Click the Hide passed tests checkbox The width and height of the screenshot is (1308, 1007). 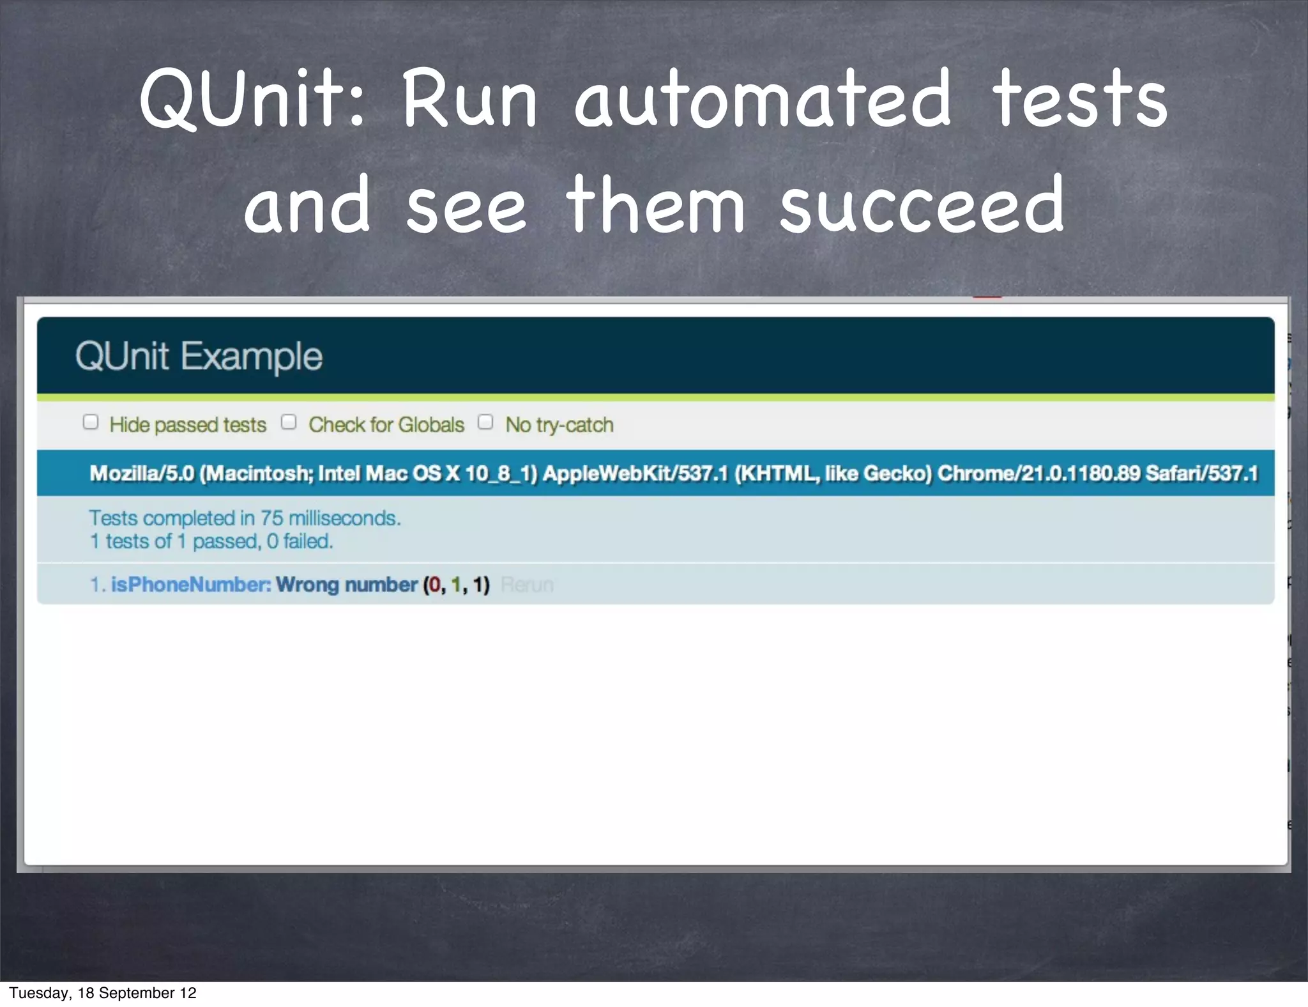pyautogui.click(x=91, y=422)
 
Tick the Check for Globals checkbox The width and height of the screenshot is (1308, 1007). pyautogui.click(x=289, y=422)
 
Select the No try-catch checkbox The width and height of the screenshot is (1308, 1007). pyautogui.click(x=485, y=422)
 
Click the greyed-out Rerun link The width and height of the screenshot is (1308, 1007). pyautogui.click(x=527, y=585)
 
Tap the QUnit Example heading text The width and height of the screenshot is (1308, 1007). pyautogui.click(x=199, y=356)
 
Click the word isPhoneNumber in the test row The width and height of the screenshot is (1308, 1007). pyautogui.click(x=191, y=585)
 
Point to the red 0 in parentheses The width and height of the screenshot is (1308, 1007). pyautogui.click(x=435, y=585)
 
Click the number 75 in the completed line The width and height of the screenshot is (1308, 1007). pyautogui.click(x=271, y=518)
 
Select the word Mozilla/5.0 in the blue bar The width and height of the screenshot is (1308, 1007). pyautogui.click(x=142, y=473)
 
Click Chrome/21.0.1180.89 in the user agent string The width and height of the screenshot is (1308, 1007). pyautogui.click(x=1038, y=473)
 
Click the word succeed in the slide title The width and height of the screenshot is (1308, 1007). pyautogui.click(x=922, y=206)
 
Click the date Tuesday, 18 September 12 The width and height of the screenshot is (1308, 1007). pyautogui.click(x=103, y=993)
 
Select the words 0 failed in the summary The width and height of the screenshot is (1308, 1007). pyautogui.click(x=300, y=542)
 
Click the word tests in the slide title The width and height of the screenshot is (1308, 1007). pyautogui.click(x=1079, y=99)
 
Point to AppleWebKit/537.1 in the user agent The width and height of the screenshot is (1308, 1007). pyautogui.click(x=635, y=473)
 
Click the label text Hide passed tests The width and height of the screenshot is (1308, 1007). pyautogui.click(x=188, y=425)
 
